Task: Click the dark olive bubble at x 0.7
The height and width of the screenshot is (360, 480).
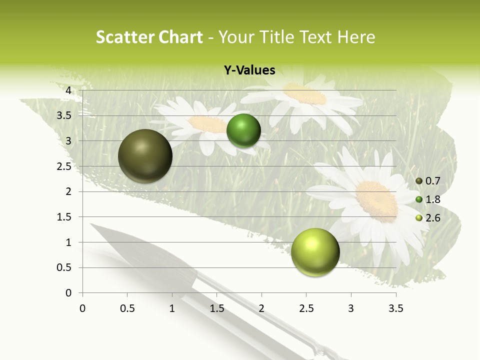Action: click(x=145, y=156)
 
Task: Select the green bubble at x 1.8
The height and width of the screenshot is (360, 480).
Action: click(x=243, y=130)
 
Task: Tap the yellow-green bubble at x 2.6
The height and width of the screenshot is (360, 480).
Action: click(x=315, y=252)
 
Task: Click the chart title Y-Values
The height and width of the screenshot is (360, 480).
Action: click(x=249, y=70)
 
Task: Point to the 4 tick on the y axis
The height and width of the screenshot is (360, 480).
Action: click(x=68, y=90)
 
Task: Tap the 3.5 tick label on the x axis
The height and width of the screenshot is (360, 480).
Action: click(x=395, y=308)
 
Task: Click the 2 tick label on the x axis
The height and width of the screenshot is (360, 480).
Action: click(x=261, y=308)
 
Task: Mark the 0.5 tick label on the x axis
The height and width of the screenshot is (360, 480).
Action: click(x=127, y=308)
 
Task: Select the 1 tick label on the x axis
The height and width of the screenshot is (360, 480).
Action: click(x=172, y=308)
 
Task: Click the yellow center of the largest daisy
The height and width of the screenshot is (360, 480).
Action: click(x=376, y=200)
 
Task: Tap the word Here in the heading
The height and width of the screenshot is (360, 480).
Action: click(x=356, y=37)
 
